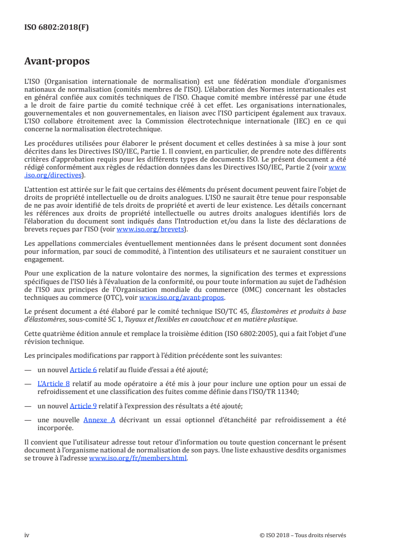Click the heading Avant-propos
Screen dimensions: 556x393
pos(57,62)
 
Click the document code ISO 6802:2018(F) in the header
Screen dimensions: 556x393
pos(56,27)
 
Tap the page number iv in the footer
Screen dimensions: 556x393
pos(27,535)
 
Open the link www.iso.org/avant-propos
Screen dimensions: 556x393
pos(182,298)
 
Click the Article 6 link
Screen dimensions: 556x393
pos(83,370)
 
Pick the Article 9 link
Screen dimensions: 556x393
pos(83,406)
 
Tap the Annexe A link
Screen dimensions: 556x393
pos(99,420)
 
